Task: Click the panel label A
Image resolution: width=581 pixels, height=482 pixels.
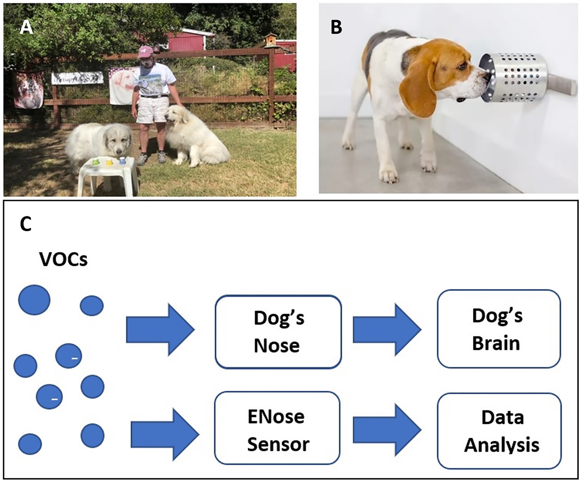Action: pos(26,28)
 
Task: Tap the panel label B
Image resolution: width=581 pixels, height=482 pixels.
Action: pos(336,27)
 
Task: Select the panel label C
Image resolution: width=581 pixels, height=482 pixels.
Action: pos(26,224)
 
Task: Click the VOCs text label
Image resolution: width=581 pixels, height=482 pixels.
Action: pos(63,260)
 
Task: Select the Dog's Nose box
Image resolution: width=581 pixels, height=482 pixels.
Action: pos(278,331)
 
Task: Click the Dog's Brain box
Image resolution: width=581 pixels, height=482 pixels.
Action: pos(499,329)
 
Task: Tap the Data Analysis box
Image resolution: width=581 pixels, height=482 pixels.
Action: pos(500,431)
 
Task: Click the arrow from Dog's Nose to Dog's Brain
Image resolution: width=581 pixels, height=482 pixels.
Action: pos(386,330)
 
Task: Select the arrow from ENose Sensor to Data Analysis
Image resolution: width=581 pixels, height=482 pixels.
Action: pos(386,430)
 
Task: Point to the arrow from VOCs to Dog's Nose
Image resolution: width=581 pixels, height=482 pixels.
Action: pos(160,330)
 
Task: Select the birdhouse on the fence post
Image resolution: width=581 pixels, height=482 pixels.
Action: pos(270,40)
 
